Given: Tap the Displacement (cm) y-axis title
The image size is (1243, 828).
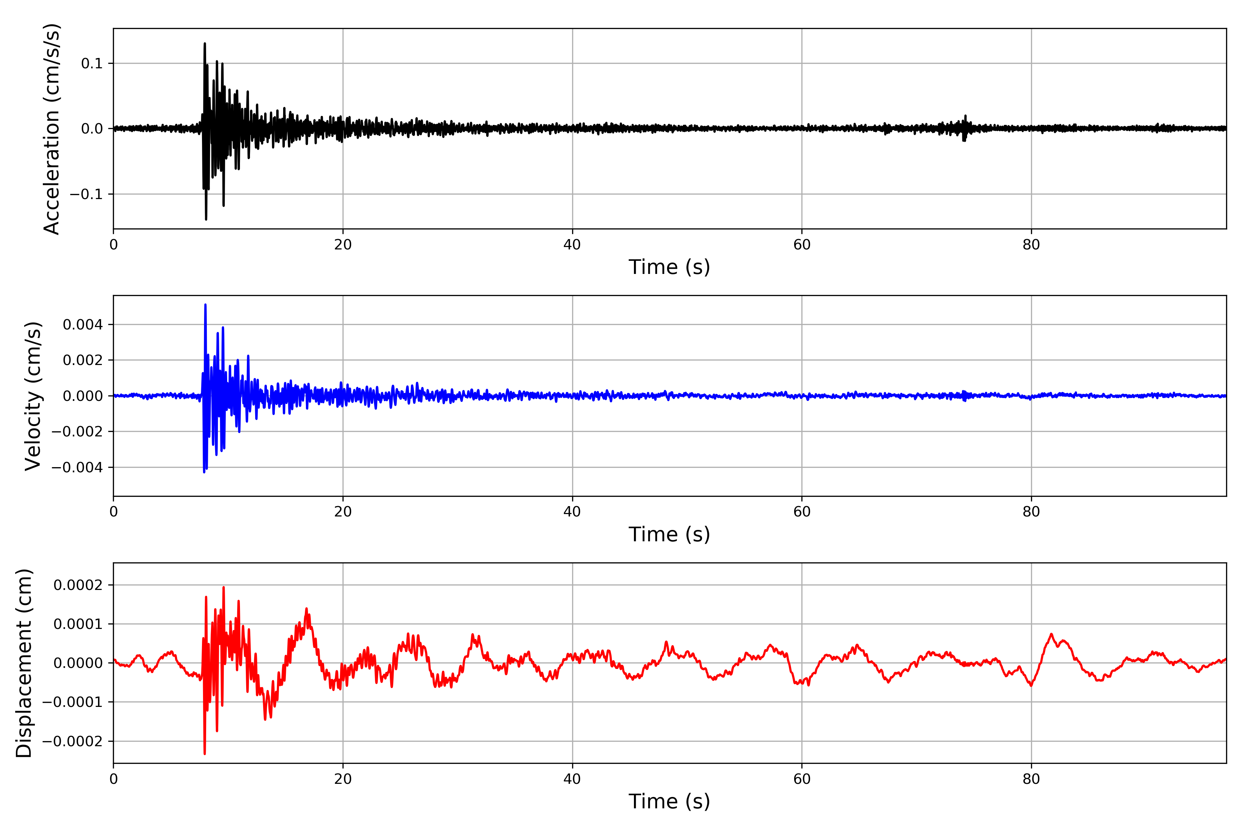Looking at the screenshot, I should [x=24, y=663].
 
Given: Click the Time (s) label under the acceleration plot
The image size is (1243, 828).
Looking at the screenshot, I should [x=669, y=267].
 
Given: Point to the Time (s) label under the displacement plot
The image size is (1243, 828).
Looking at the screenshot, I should [x=669, y=801].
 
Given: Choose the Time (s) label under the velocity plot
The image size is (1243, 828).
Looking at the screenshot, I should [x=669, y=534].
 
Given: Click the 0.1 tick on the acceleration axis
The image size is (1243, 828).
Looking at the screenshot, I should [x=91, y=63].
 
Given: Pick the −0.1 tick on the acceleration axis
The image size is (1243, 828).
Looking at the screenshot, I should [x=86, y=194].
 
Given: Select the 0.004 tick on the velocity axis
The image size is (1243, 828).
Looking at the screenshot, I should [x=83, y=325].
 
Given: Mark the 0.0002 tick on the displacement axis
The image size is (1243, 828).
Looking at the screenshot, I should [x=78, y=585].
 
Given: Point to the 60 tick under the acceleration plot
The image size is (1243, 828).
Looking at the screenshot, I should [x=802, y=245].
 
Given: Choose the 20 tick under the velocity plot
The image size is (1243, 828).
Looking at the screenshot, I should [x=343, y=512].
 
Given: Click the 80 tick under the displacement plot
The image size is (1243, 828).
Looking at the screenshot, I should [x=1031, y=779].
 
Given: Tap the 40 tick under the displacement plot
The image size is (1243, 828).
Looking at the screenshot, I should [x=572, y=779].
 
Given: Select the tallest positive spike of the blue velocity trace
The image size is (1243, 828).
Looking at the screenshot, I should [x=205, y=305].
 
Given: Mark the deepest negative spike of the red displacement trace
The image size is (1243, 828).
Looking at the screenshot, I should [x=204, y=753].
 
